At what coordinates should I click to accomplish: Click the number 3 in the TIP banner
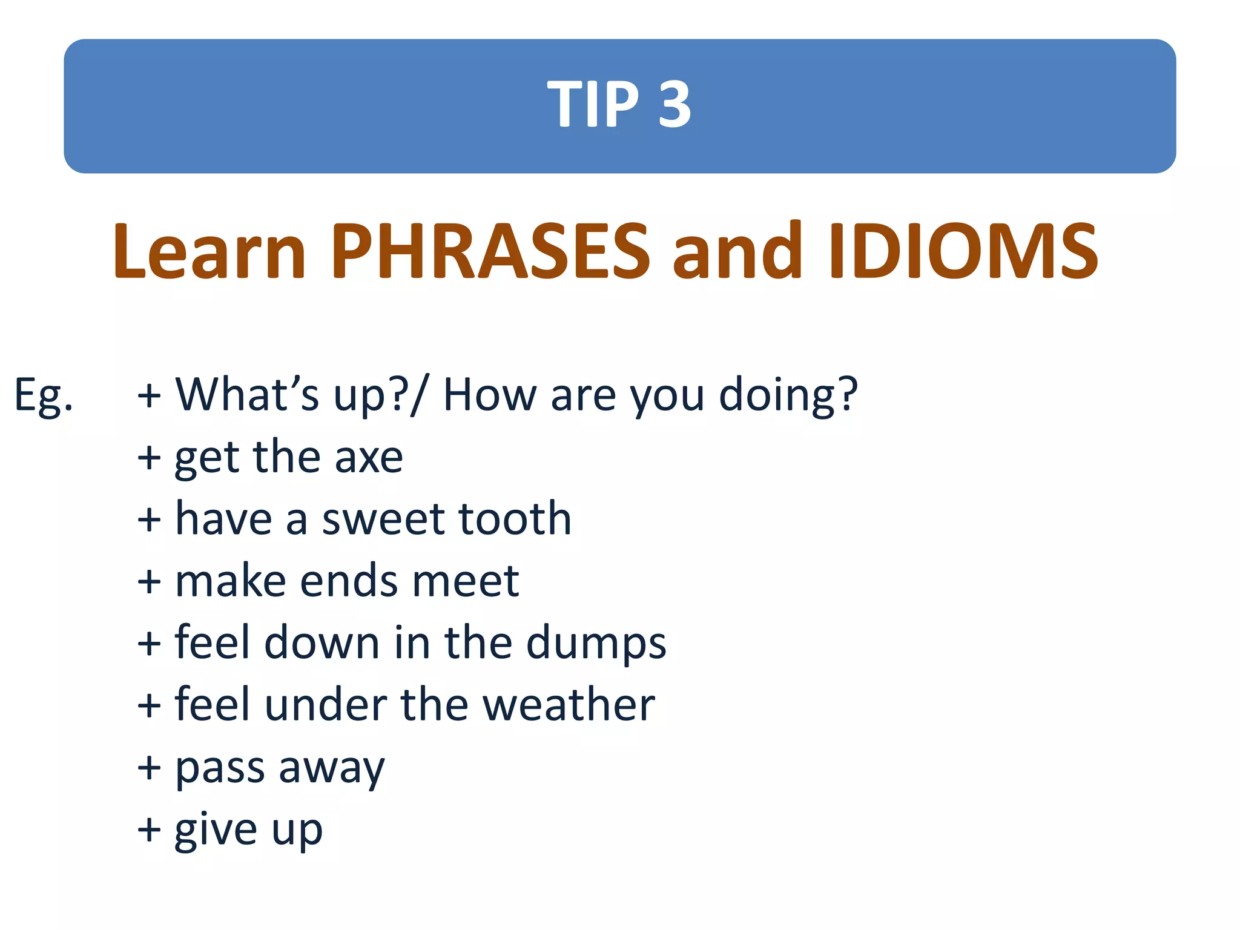(x=674, y=104)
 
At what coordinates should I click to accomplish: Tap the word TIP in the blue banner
(x=593, y=104)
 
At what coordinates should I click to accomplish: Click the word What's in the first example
(x=247, y=395)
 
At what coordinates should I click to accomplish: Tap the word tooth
(x=515, y=519)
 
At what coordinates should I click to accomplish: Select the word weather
(x=569, y=705)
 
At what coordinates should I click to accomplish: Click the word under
(x=325, y=705)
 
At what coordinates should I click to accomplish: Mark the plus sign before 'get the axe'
(x=149, y=458)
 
